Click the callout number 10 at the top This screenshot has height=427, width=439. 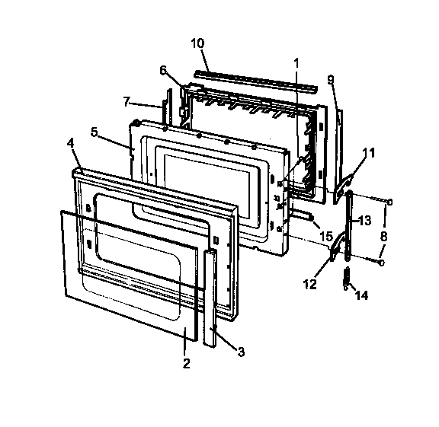pos(197,43)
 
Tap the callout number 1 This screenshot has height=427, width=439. pos(296,61)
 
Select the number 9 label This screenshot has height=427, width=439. pos(331,79)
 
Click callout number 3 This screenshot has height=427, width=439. pos(241,352)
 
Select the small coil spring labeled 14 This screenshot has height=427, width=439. pos(347,279)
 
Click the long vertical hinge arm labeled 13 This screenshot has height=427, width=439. pos(349,228)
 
